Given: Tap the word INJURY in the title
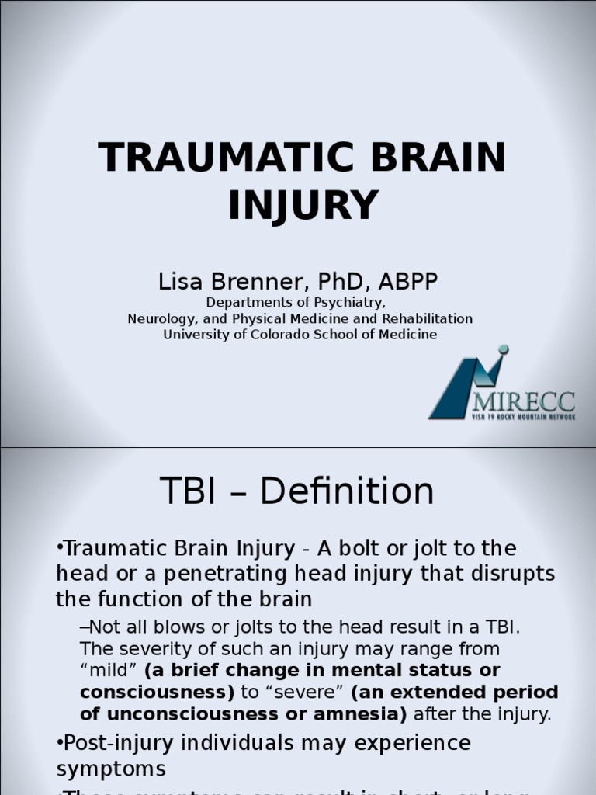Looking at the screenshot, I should click(x=303, y=205).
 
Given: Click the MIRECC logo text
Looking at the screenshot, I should click(x=524, y=401).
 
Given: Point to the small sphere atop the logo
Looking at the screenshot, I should click(x=503, y=349).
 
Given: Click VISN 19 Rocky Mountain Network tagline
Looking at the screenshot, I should click(x=524, y=417).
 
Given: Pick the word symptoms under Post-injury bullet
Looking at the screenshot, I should click(x=111, y=769).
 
